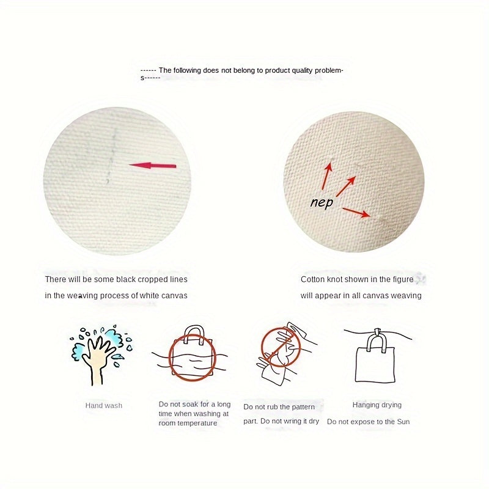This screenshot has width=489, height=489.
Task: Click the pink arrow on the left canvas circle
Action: (153, 166)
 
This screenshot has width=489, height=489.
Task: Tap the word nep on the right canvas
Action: (322, 203)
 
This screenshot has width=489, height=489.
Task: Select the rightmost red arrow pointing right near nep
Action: (356, 212)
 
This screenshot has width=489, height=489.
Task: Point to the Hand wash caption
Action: (104, 405)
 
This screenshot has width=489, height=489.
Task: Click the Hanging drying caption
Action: (377, 405)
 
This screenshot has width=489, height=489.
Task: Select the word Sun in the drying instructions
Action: (403, 422)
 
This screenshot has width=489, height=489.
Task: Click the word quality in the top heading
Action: (302, 70)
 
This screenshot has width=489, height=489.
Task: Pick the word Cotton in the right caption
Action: (312, 279)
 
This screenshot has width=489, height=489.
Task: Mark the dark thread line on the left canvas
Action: (111, 156)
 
